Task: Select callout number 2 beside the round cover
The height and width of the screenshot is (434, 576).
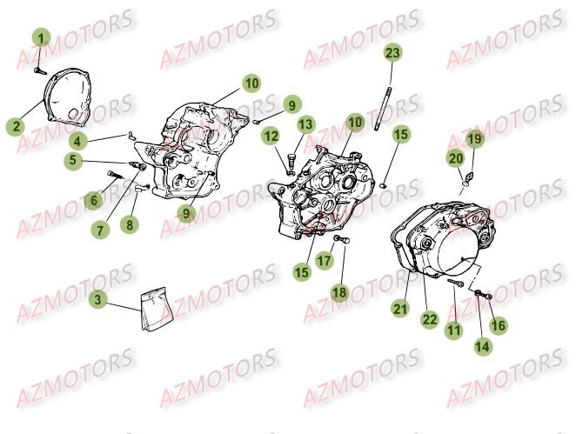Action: [15, 126]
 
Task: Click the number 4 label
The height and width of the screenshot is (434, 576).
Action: [77, 141]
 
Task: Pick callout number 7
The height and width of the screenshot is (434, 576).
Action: [102, 230]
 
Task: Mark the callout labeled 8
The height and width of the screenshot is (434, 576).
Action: [130, 224]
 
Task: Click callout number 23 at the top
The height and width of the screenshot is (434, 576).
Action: [392, 53]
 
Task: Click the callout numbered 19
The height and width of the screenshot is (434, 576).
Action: [473, 139]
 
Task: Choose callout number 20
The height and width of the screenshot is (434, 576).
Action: [455, 157]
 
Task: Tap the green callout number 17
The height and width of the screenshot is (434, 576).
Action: [324, 260]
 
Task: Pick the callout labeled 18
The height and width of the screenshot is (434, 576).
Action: [338, 293]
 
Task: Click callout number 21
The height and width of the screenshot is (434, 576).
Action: [399, 307]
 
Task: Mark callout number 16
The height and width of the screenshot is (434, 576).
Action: [497, 324]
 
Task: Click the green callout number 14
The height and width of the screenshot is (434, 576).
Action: [480, 345]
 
